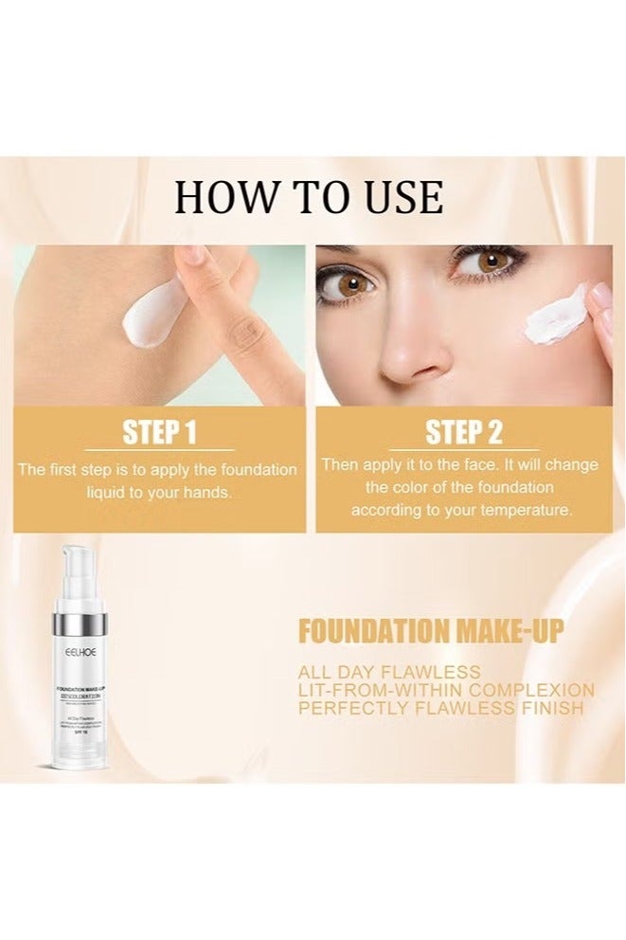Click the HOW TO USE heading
click(x=309, y=197)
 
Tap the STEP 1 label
click(x=159, y=433)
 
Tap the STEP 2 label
click(x=463, y=433)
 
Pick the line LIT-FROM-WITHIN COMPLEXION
click(x=446, y=690)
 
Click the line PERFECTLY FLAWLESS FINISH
click(x=441, y=708)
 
